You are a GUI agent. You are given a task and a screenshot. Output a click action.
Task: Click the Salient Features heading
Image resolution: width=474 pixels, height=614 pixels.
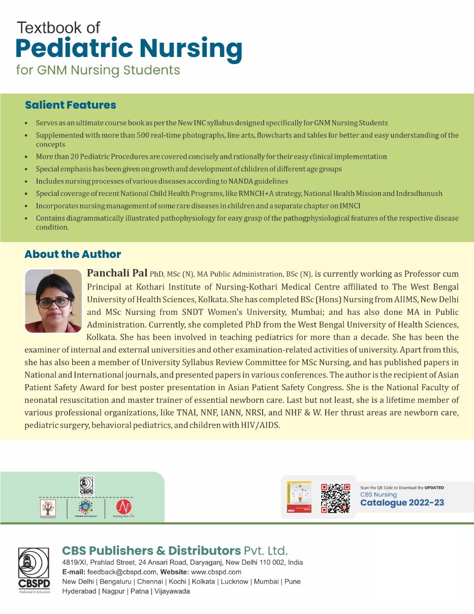coord(70,105)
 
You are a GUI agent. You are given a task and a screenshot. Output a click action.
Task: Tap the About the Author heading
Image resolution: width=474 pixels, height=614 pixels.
coord(73,254)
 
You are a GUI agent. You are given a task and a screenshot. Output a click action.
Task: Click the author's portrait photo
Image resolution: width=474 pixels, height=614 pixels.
coord(53,300)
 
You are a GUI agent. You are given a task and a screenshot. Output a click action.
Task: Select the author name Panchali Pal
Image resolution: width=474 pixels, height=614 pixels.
coord(118,274)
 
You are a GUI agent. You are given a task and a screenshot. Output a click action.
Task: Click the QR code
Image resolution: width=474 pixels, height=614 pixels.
coord(335,498)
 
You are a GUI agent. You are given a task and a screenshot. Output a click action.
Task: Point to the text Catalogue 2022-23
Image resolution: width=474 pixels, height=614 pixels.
coord(402,503)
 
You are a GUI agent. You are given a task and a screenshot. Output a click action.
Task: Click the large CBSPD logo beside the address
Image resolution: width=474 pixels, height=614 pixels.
coord(34,570)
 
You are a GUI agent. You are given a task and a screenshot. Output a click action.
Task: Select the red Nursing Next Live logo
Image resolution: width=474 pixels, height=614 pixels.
coord(123,508)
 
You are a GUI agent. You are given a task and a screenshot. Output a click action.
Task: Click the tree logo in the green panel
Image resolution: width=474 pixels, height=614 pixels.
coord(48,508)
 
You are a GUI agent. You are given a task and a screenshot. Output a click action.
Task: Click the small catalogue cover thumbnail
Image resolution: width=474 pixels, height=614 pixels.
coord(299,497)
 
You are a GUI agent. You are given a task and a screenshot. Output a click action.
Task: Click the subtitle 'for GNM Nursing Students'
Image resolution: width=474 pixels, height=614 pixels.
coord(98,70)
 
